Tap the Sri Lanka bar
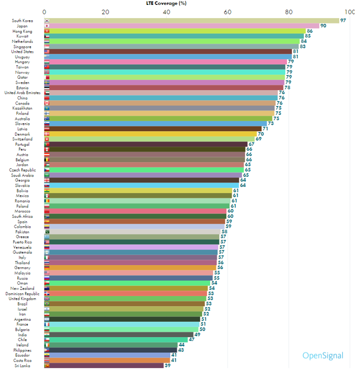coord(107,365)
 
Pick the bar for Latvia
coord(155,129)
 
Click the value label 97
coord(343,21)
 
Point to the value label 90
coord(323,26)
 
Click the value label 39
coord(168,365)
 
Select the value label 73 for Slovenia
coord(270,124)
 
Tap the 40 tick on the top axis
coord(166,12)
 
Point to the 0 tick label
coord(45,12)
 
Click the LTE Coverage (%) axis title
coord(167,3)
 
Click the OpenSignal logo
coord(323,355)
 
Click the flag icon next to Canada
coord(47,103)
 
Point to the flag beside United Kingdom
coord(47,299)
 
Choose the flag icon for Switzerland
coord(47,139)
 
